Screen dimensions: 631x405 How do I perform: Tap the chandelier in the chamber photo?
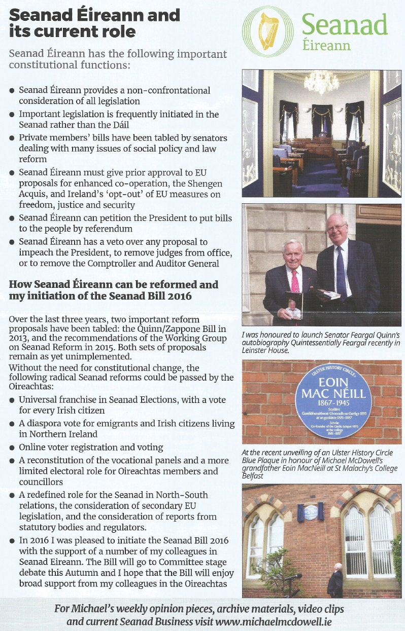(x=321, y=81)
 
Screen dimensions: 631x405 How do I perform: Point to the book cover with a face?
(x=294, y=306)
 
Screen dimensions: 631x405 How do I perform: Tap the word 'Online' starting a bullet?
(x=32, y=447)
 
